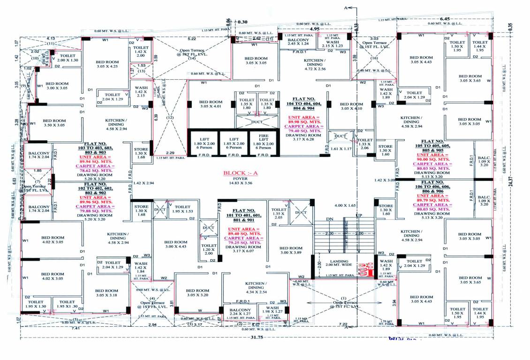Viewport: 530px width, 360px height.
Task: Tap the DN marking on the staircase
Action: pyautogui.click(x=329, y=218)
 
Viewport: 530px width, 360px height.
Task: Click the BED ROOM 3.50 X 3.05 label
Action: pyautogui.click(x=53, y=123)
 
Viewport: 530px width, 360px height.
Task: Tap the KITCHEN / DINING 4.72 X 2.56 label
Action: pyautogui.click(x=315, y=65)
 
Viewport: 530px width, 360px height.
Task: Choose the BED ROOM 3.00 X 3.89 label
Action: pyautogui.click(x=290, y=250)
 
